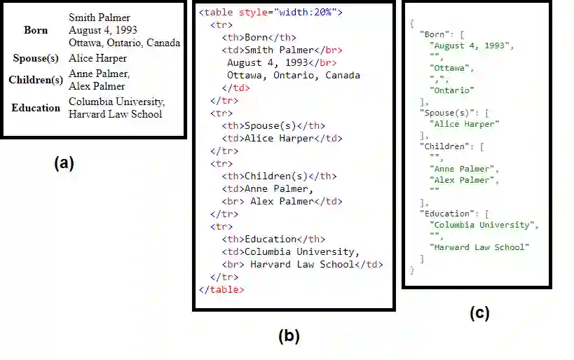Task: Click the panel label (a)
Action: click(63, 164)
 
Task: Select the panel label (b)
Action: click(289, 336)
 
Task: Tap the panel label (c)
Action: click(479, 313)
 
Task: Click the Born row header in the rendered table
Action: click(36, 30)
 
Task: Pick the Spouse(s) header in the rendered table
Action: click(36, 58)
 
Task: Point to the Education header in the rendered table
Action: click(36, 108)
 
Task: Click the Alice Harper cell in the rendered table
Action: click(98, 58)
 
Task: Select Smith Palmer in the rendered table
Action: click(100, 18)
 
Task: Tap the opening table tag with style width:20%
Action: click(271, 13)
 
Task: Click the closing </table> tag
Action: click(221, 289)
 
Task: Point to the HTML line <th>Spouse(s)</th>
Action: click(273, 126)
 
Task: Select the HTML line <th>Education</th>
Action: click(273, 240)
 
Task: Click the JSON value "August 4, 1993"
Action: click(470, 46)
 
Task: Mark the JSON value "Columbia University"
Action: click(483, 225)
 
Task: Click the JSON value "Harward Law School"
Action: click(479, 247)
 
